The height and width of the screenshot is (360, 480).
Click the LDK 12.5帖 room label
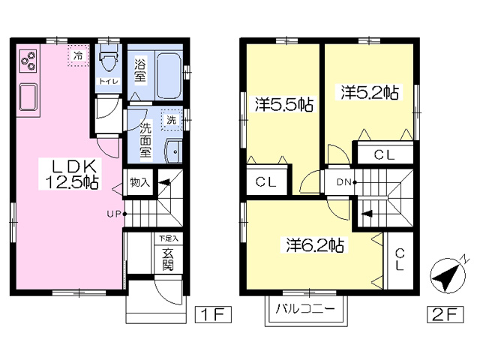pos(73,174)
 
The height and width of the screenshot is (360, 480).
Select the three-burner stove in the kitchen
pos(28,61)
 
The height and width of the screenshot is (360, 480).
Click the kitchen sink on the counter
pos(28,97)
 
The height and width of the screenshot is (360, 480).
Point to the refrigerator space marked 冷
pos(79,55)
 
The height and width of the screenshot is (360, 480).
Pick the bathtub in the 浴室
pos(169,75)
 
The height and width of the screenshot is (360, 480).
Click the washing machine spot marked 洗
pos(172,120)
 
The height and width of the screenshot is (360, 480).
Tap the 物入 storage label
pos(140,182)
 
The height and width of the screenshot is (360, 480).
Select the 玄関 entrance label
pos(168,260)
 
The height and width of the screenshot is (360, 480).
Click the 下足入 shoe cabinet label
pos(168,238)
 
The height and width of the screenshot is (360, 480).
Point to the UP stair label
pos(114,214)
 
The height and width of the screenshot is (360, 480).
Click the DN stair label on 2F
pos(344,182)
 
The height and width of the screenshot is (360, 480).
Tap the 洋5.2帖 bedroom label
pos(370,92)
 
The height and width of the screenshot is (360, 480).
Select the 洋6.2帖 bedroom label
pos(315,244)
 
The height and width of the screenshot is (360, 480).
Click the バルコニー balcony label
pos(305,308)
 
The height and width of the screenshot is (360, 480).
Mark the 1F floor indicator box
pos(213,314)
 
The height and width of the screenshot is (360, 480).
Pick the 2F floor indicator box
pos(445,314)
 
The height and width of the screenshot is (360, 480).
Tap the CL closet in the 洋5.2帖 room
pos(385,154)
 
